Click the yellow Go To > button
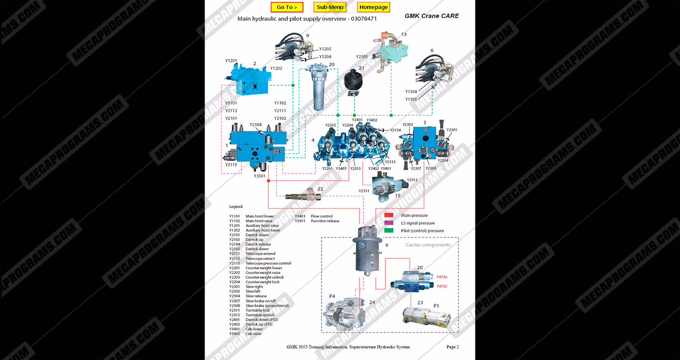pyautogui.click(x=287, y=7)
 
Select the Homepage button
pyautogui.click(x=373, y=7)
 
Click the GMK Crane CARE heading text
pyautogui.click(x=432, y=16)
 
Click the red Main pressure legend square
pyautogui.click(x=389, y=216)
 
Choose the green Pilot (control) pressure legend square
pyautogui.click(x=389, y=231)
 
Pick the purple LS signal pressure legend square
pyautogui.click(x=389, y=223)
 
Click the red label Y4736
pyautogui.click(x=442, y=277)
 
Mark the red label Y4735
pyautogui.click(x=442, y=286)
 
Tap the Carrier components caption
pyautogui.click(x=428, y=245)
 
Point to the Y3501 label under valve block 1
pyautogui.click(x=259, y=176)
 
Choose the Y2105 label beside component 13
pyautogui.click(x=362, y=57)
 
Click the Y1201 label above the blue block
pyautogui.click(x=231, y=61)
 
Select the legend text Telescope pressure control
pyautogui.click(x=268, y=263)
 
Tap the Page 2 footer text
pyautogui.click(x=452, y=347)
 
